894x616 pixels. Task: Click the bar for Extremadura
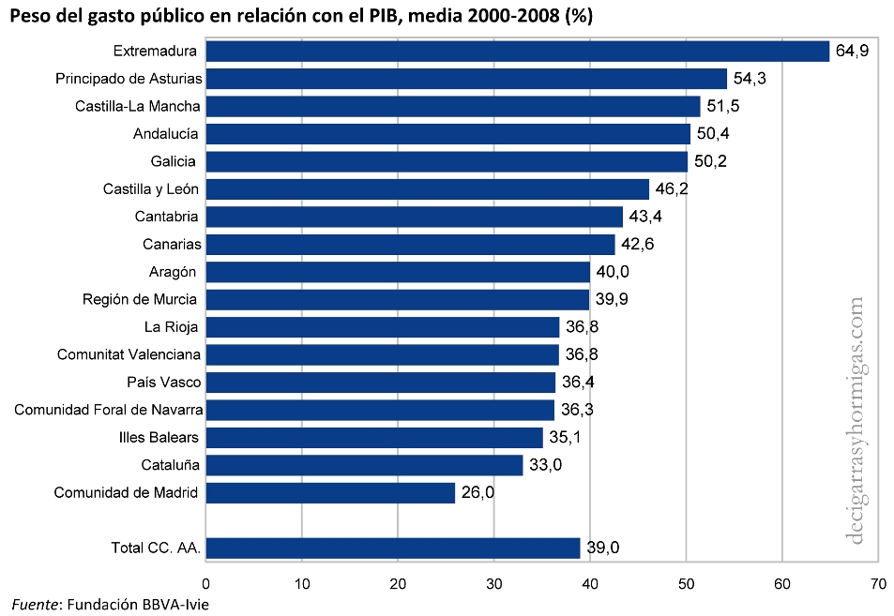pos(517,51)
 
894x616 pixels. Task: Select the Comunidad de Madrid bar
pos(330,492)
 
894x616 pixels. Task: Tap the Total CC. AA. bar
pos(392,548)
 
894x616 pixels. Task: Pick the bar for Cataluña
pos(364,465)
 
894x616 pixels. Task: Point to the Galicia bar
pos(447,161)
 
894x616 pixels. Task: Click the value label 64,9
pos(852,51)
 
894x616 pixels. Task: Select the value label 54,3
pos(750,79)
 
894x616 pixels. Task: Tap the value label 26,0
pos(477,492)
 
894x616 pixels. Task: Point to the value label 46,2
pos(672,189)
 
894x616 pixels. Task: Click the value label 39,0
pos(603,548)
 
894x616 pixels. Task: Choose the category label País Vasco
pos(163,383)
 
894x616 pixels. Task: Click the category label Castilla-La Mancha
pos(138,106)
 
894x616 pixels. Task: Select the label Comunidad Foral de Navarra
pos(108,410)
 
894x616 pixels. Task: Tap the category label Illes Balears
pos(159,438)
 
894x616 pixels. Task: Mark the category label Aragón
pos(173,272)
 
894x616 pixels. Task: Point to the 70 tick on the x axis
pos(878,582)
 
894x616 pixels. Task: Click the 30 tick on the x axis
pos(493,582)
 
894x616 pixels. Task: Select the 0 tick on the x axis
pos(205,582)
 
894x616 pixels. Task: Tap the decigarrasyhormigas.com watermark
pos(856,422)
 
